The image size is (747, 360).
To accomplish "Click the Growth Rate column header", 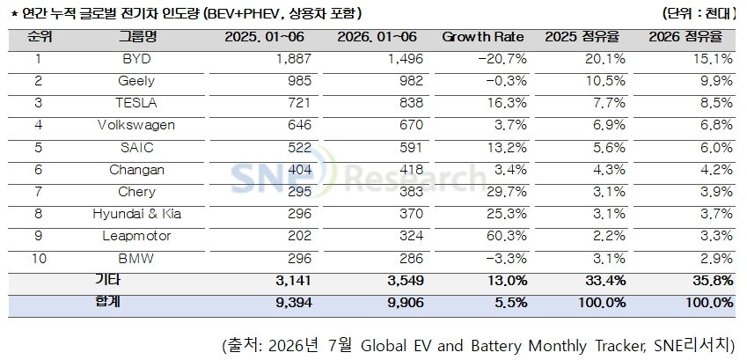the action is click(482, 37).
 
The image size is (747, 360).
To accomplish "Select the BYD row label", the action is click(136, 59).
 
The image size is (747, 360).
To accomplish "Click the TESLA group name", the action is click(136, 103).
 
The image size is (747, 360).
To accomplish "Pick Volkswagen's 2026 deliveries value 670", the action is click(411, 125).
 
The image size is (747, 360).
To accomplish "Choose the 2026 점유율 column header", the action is click(685, 37).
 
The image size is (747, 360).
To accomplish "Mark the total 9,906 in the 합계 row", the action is click(404, 303).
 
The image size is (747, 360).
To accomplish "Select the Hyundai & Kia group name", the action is click(136, 214).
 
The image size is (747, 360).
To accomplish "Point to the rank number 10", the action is click(40, 258).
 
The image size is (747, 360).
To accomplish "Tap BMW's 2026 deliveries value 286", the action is click(411, 258).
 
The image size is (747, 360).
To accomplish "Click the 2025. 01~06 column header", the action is click(265, 37).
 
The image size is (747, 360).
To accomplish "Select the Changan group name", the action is click(136, 170).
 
